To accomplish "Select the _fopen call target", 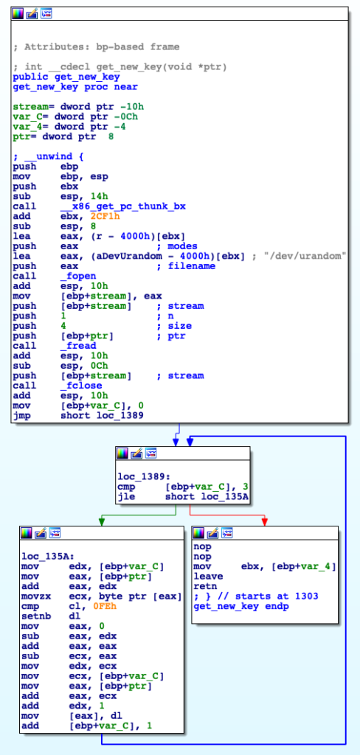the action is click(78, 276).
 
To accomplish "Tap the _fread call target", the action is click(78, 345).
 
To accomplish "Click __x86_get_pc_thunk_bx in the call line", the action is click(123, 206).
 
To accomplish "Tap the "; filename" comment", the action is click(187, 265).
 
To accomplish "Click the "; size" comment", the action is click(174, 325).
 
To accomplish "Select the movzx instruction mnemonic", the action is click(30, 596).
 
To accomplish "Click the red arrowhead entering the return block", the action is click(265, 522).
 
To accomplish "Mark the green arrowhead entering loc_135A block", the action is click(101, 522).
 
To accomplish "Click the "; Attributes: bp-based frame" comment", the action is click(96, 46).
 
